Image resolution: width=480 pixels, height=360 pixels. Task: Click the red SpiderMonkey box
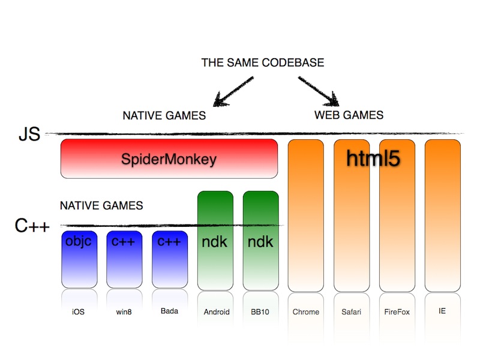point(169,159)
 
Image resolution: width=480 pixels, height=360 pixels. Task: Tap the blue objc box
point(79,259)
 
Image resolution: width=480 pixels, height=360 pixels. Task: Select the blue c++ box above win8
point(124,259)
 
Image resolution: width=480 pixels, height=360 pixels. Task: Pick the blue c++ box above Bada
point(170,259)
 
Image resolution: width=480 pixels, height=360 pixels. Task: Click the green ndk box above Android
point(215,240)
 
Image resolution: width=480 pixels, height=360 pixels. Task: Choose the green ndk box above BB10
point(260,240)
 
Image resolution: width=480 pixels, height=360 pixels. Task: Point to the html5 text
point(373,157)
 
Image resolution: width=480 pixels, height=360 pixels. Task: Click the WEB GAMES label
point(349,115)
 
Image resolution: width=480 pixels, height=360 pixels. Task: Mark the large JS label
point(29,134)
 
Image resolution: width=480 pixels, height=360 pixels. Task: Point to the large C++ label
point(32,226)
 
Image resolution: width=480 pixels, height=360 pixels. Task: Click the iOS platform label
point(79,312)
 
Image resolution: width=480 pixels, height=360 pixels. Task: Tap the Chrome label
point(306,312)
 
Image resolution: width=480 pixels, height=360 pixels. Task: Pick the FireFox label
point(397,312)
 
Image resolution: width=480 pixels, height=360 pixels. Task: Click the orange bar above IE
point(442,216)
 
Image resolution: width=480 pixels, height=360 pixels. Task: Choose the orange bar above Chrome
point(306,216)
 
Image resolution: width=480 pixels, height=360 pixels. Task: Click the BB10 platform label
point(260,312)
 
